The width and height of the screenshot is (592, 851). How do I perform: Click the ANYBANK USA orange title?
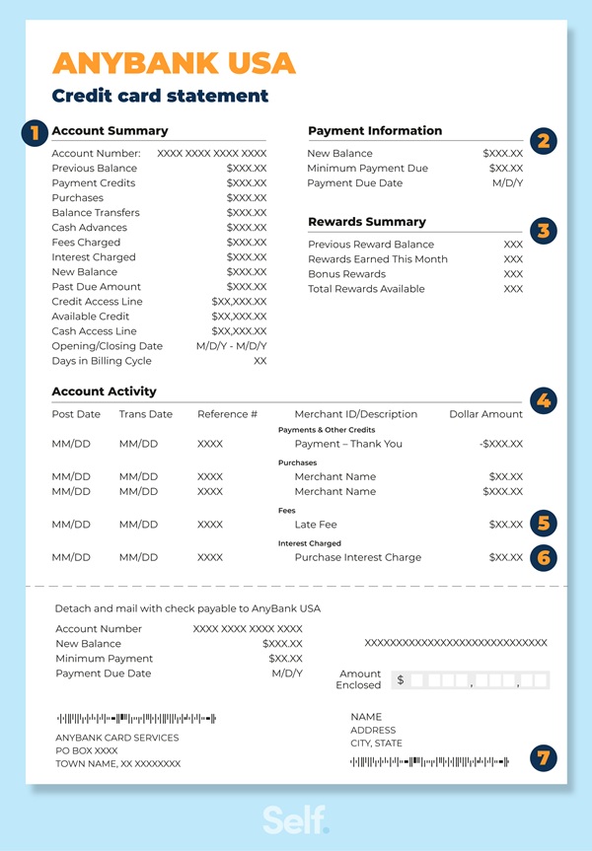tap(174, 63)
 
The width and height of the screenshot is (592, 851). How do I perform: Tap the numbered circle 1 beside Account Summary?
tap(35, 132)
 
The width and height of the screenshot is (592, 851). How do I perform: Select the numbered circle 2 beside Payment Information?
tap(544, 141)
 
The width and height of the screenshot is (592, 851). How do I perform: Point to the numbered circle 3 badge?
tap(544, 232)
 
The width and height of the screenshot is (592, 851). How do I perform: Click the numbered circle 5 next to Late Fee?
tap(544, 524)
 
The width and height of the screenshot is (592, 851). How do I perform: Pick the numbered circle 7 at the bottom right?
tap(544, 757)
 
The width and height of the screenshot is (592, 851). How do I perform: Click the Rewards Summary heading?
tap(367, 222)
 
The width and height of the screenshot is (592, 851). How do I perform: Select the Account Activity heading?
tap(104, 391)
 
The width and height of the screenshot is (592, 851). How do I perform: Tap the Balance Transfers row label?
tap(96, 213)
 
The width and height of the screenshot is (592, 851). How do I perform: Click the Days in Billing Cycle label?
tap(101, 361)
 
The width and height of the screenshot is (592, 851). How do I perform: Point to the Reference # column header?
tap(227, 414)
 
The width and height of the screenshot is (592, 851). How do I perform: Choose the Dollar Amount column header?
tap(485, 414)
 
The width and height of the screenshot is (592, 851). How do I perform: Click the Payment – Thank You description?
tap(348, 444)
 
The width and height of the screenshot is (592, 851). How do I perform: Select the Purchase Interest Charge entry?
tap(357, 557)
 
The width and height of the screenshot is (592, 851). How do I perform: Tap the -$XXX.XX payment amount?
tap(501, 444)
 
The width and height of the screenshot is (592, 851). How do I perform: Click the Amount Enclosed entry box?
tap(472, 680)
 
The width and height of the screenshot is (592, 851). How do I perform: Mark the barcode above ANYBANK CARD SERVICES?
tap(136, 718)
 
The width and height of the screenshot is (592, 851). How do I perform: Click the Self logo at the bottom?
tap(295, 818)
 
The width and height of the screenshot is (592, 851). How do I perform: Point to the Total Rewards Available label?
tap(366, 289)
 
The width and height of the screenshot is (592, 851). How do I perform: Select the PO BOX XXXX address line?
tap(86, 750)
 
